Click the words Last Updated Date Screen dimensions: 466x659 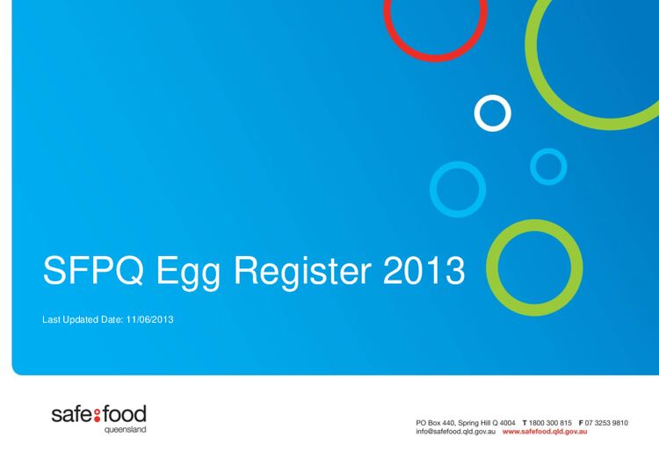coord(83,319)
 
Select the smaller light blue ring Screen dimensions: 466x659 coord(548,166)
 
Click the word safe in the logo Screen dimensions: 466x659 coord(70,414)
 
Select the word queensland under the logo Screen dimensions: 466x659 coord(125,430)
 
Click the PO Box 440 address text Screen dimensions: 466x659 coord(466,423)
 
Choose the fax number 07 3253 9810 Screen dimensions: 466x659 coord(607,423)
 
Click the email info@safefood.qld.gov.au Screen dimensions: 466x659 coord(457,433)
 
